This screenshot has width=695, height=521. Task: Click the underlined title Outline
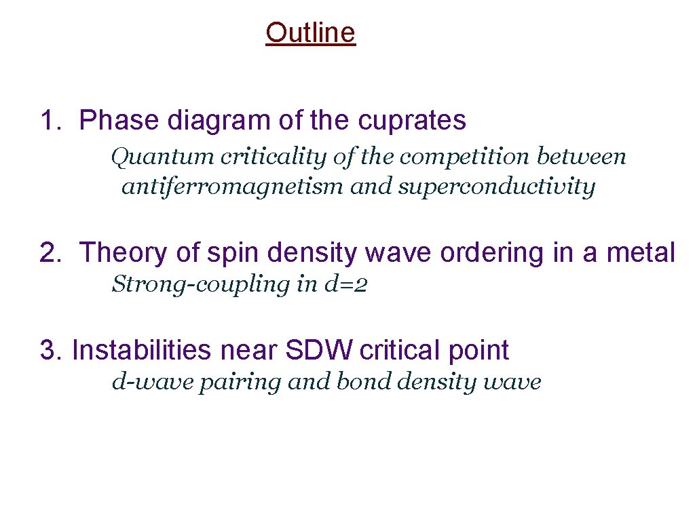[x=310, y=32]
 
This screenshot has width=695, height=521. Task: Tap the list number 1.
[x=48, y=121]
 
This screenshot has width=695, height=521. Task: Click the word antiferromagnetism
[x=232, y=187]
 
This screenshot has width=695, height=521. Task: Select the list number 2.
[x=48, y=253]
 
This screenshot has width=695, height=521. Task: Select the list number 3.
[x=48, y=351]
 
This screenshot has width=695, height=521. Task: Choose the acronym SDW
[x=319, y=351]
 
